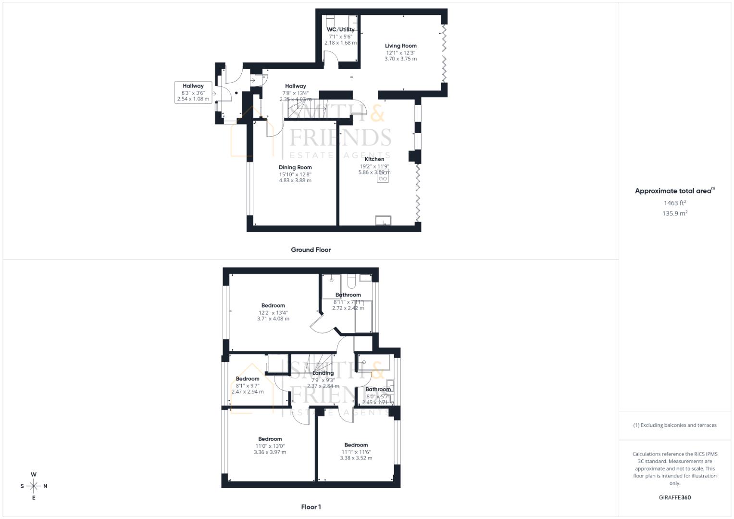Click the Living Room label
point(400,46)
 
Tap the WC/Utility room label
point(340,30)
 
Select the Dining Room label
point(295,168)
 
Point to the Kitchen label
point(374,159)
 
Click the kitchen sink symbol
point(383,220)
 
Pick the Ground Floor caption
point(311,250)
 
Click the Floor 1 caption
point(311,507)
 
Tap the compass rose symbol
point(34,486)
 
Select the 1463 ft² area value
point(675,203)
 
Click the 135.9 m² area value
point(675,213)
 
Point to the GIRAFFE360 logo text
point(675,497)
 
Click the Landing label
point(323,373)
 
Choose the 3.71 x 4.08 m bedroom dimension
point(273,319)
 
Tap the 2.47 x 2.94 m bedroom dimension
point(248,392)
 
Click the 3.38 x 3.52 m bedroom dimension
point(356,458)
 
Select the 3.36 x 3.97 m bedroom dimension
point(270,452)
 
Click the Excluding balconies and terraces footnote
point(675,425)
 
